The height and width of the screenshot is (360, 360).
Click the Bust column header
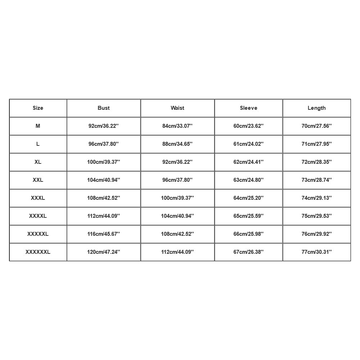click(104, 108)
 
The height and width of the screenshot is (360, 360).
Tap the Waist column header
click(177, 108)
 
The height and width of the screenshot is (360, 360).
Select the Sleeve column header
click(248, 108)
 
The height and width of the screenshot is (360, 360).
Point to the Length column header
click(317, 108)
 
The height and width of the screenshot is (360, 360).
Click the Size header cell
click(38, 108)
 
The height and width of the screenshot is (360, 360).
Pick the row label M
click(38, 126)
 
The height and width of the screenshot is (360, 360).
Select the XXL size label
click(38, 180)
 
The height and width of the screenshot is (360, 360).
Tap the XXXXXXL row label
click(38, 252)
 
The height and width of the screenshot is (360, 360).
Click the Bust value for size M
click(104, 126)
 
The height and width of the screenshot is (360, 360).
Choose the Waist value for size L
click(177, 144)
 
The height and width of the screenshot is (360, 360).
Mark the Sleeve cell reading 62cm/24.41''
click(248, 162)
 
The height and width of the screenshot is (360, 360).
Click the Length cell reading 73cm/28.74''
click(317, 180)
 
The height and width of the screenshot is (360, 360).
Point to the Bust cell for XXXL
click(104, 198)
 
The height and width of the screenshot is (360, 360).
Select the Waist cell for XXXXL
click(177, 216)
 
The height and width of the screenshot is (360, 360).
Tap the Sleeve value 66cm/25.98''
click(248, 234)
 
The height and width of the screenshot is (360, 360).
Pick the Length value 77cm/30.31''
click(317, 252)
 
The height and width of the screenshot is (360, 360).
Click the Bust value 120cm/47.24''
click(104, 252)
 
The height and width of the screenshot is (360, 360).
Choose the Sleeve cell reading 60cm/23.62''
click(248, 126)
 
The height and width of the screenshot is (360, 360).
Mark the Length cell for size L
click(317, 144)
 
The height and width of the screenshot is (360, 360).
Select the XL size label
click(38, 162)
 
